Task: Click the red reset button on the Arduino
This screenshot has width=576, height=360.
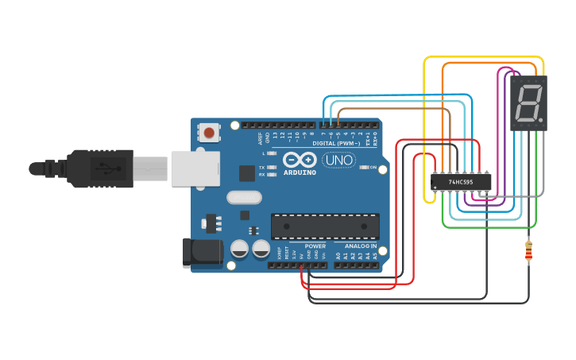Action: [x=209, y=133]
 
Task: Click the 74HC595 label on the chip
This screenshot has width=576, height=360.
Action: [x=461, y=182]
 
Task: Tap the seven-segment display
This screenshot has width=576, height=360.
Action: [x=528, y=103]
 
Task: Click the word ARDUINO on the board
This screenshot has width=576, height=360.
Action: [x=300, y=172]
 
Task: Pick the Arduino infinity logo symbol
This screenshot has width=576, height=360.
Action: [x=300, y=159]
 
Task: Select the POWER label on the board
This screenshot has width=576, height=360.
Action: [x=315, y=246]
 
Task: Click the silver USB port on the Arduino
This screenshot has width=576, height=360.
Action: [x=195, y=168]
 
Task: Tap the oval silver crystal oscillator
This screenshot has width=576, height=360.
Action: [x=244, y=197]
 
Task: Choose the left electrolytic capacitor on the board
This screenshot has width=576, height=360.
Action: [x=239, y=250]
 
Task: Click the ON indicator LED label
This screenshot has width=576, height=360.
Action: [x=373, y=167]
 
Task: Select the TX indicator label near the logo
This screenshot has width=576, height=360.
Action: [x=262, y=168]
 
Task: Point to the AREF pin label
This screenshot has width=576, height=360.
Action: [x=261, y=138]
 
